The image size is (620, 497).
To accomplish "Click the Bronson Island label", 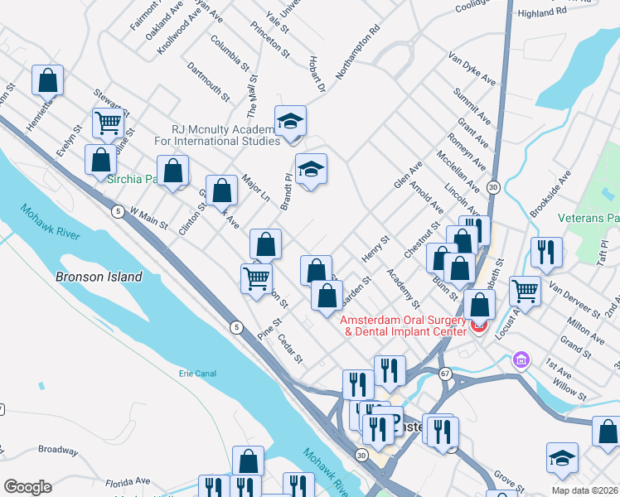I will pos(99,277).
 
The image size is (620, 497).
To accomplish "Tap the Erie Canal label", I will pos(197,374).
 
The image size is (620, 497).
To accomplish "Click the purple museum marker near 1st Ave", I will pos(521,360).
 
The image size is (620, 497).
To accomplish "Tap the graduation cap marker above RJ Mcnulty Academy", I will pos(290,122).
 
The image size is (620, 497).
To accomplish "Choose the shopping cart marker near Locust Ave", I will pos(525,291).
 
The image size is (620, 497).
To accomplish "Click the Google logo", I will pos(27,487).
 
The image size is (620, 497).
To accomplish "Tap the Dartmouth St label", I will pos(208,81).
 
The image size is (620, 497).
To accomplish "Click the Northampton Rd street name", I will pos(357,52).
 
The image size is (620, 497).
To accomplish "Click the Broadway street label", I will pos(57,450).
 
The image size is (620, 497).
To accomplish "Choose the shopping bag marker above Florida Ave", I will pos(248,461).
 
